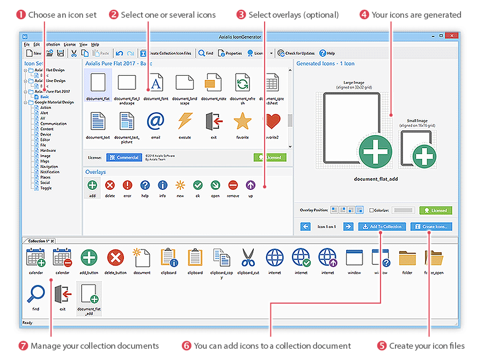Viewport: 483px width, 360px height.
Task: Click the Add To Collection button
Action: click(382, 226)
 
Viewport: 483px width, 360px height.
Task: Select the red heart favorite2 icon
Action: click(272, 122)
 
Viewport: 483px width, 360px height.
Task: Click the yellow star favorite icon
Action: click(243, 122)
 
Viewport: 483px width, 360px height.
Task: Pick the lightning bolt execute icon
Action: click(185, 122)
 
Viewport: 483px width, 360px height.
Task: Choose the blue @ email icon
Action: click(155, 122)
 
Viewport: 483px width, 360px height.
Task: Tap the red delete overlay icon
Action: click(110, 186)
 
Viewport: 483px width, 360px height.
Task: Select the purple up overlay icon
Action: click(251, 186)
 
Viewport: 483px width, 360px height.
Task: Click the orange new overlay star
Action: click(180, 186)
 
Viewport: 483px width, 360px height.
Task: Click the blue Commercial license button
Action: click(124, 158)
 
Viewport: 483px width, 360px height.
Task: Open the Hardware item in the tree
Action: click(48, 151)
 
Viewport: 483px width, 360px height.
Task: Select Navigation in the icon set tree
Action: click(49, 167)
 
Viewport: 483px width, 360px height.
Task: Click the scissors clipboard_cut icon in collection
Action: click(248, 258)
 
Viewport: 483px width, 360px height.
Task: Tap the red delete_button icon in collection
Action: click(115, 258)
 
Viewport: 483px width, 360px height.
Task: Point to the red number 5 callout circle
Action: click(382, 346)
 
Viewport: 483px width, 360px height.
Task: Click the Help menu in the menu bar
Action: click(95, 44)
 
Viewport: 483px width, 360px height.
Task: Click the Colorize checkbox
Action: click(371, 210)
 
